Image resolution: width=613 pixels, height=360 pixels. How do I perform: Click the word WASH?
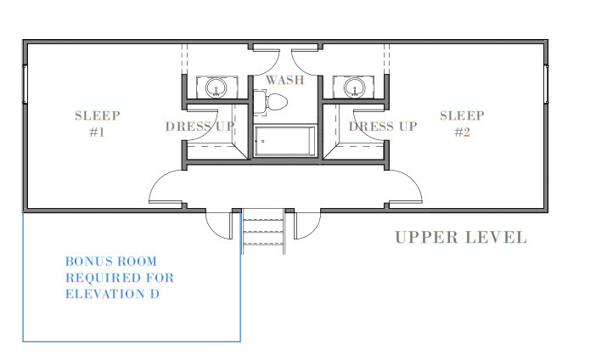[x=285, y=81]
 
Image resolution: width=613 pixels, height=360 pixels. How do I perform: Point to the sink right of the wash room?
[x=354, y=87]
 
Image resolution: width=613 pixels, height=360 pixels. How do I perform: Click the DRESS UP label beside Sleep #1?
[x=200, y=127]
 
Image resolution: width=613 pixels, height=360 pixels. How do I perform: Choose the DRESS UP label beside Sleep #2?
[x=383, y=127]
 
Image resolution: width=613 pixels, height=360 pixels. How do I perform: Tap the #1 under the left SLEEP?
[x=96, y=132]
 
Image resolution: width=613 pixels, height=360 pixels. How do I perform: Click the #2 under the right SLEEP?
[x=462, y=132]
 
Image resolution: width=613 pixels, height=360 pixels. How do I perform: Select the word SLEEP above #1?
[x=97, y=115]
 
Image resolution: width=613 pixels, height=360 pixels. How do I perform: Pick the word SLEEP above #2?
[x=462, y=115]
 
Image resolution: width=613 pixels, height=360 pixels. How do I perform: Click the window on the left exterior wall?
[x=25, y=85]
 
